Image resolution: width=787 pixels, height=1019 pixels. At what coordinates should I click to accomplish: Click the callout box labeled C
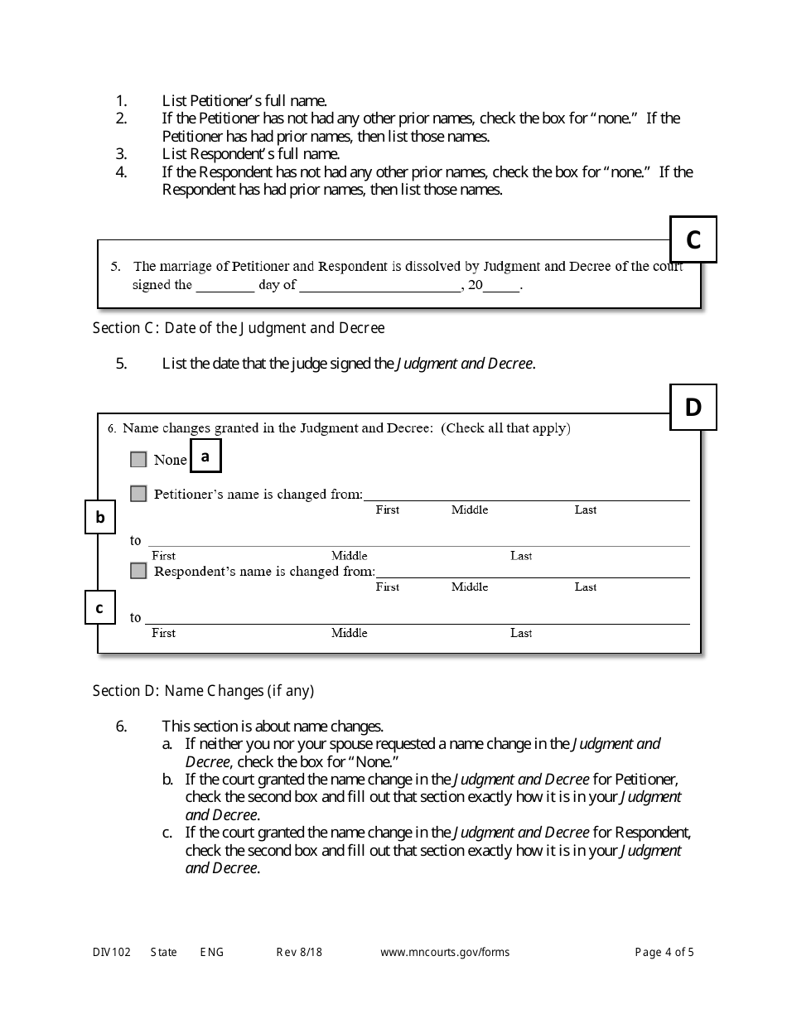click(x=693, y=239)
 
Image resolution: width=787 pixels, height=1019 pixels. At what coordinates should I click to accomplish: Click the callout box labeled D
click(x=693, y=408)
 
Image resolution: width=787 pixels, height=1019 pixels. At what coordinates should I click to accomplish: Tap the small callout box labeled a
click(x=205, y=456)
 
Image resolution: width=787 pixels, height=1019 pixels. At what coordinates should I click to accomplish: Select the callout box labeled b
click(x=100, y=518)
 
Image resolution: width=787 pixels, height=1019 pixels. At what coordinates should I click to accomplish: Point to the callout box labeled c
click(x=99, y=608)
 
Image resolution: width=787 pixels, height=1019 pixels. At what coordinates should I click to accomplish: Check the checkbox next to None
click(x=138, y=460)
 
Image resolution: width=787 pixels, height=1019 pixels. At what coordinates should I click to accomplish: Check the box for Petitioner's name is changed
click(x=138, y=494)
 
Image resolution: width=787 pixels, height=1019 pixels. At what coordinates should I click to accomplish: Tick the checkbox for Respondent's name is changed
click(x=138, y=571)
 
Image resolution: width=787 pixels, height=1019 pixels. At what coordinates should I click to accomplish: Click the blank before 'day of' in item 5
click(x=225, y=286)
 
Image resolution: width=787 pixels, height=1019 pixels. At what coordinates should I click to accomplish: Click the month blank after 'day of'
click(x=379, y=286)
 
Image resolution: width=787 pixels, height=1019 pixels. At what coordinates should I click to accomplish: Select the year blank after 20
click(x=501, y=286)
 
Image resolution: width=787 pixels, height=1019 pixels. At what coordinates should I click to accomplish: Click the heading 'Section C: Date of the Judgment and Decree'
click(x=239, y=328)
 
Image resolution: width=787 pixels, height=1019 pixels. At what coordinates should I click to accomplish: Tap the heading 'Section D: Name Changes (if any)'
click(x=203, y=691)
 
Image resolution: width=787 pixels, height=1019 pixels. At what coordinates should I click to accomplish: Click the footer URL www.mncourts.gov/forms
click(x=445, y=953)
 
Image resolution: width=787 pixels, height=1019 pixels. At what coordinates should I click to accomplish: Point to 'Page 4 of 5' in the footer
click(x=664, y=953)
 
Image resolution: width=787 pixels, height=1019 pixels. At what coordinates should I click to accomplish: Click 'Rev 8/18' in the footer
click(x=299, y=953)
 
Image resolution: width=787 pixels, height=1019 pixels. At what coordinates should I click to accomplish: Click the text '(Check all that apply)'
click(x=505, y=428)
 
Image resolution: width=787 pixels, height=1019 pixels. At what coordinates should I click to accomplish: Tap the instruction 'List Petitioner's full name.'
click(x=244, y=101)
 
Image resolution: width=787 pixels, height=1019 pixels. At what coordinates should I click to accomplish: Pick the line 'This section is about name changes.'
click(x=273, y=727)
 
